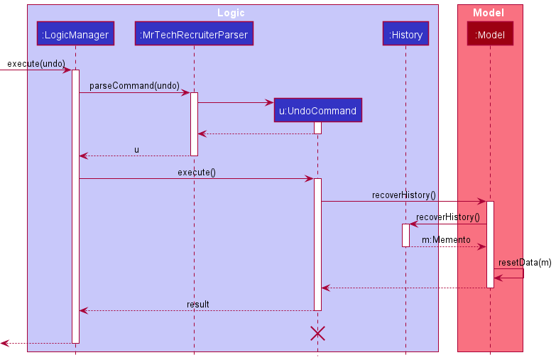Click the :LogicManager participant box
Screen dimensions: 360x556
(x=75, y=34)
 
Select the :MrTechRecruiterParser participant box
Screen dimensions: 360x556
(x=194, y=34)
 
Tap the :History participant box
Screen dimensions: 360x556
(x=405, y=34)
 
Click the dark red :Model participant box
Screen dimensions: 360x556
(x=490, y=34)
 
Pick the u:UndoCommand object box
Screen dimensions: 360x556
(x=317, y=111)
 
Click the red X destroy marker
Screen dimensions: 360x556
(x=317, y=333)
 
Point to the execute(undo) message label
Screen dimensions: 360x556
(x=36, y=64)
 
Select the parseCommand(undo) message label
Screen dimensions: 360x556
(x=134, y=86)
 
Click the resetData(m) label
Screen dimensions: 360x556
(x=525, y=263)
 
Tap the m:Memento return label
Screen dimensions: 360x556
(x=446, y=240)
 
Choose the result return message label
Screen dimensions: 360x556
(x=197, y=304)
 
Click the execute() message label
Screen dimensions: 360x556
(x=197, y=173)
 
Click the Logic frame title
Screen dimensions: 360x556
(x=231, y=13)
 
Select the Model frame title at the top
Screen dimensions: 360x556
(x=489, y=13)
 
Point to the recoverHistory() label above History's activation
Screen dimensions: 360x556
(x=448, y=217)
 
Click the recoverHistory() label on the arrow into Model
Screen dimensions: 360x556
(x=403, y=195)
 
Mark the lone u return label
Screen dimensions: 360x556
(x=136, y=149)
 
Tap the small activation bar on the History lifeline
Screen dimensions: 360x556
(x=405, y=235)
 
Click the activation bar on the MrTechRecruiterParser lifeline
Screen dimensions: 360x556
(x=194, y=124)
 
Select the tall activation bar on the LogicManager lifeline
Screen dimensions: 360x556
(x=75, y=206)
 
